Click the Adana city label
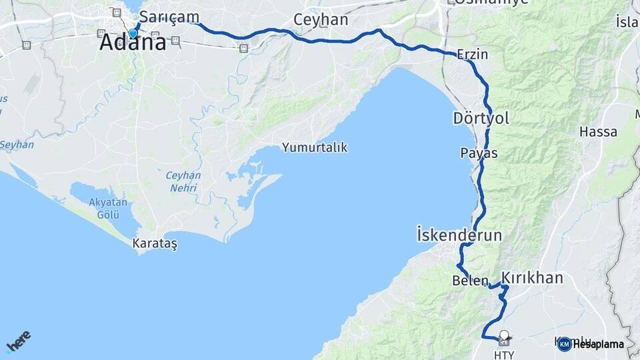[x=133, y=43]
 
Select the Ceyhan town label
[x=321, y=20]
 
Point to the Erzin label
[x=473, y=55]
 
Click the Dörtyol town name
[x=481, y=119]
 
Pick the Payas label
[x=479, y=153]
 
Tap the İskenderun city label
[x=459, y=235]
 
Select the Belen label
[x=470, y=281]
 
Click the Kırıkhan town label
[x=532, y=278]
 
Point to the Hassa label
[x=598, y=131]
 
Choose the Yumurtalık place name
[x=314, y=147]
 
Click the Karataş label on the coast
[x=155, y=243]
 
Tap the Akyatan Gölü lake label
[x=103, y=209]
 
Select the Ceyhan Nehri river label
[x=181, y=181]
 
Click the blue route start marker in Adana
[x=133, y=33]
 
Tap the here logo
[x=18, y=342]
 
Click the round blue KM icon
[x=564, y=344]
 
